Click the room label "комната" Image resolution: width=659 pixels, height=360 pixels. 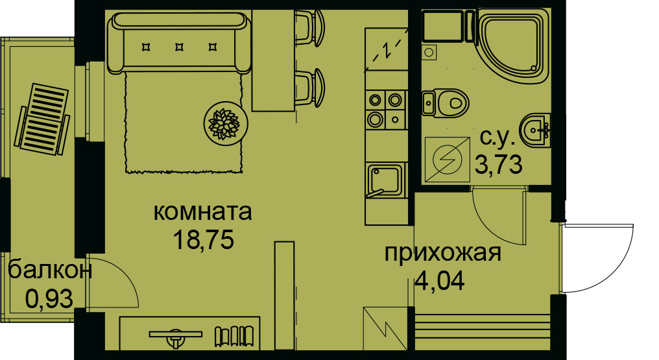(x=203, y=212)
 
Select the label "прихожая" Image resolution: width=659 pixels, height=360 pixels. (x=442, y=253)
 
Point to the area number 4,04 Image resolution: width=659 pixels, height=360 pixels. (x=440, y=282)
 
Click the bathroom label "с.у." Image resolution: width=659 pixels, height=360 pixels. (x=498, y=138)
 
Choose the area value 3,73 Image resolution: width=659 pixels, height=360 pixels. (x=499, y=165)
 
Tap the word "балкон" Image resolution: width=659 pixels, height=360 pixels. (x=50, y=270)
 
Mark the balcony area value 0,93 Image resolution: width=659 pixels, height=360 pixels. (x=49, y=298)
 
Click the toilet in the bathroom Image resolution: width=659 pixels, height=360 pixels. (x=446, y=102)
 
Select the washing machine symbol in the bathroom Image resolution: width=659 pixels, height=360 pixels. (x=446, y=159)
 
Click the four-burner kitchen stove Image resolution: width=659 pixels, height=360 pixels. (x=385, y=109)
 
